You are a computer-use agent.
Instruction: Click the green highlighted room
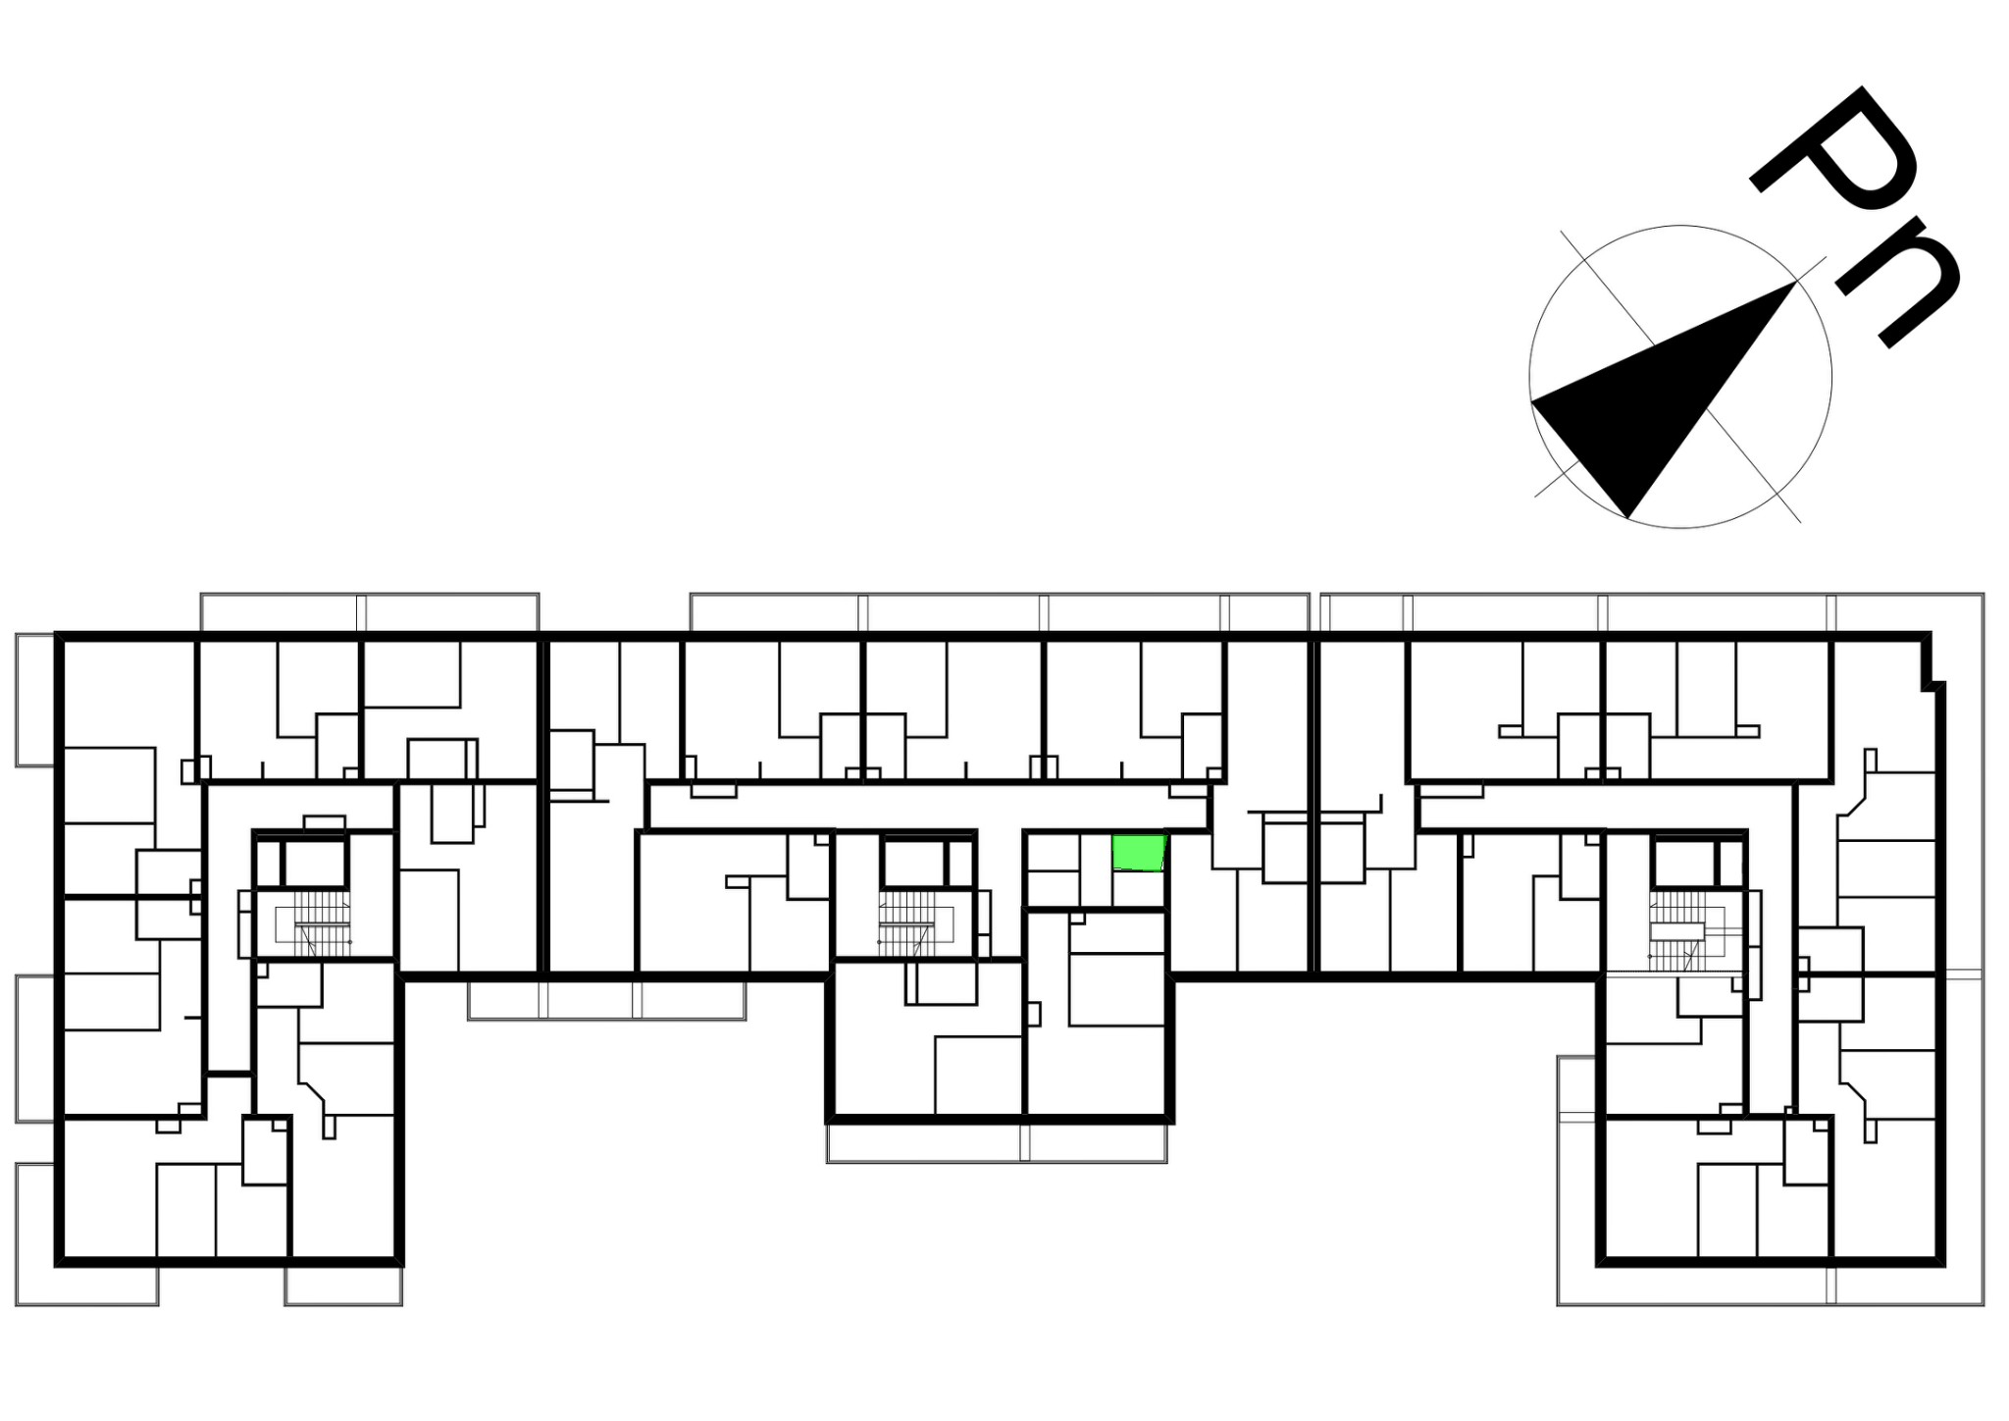1138,853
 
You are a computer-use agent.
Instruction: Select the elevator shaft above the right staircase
1683,864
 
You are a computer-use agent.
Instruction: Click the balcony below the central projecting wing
997,1143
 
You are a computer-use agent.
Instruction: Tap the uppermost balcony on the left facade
35,700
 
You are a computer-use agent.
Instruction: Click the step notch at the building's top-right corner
1932,662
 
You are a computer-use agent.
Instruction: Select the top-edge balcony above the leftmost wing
370,611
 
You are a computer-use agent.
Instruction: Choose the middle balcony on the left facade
35,1048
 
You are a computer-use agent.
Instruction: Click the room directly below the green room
1139,889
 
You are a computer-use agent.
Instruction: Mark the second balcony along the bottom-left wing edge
343,1286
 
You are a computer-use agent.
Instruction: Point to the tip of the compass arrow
1796,282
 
